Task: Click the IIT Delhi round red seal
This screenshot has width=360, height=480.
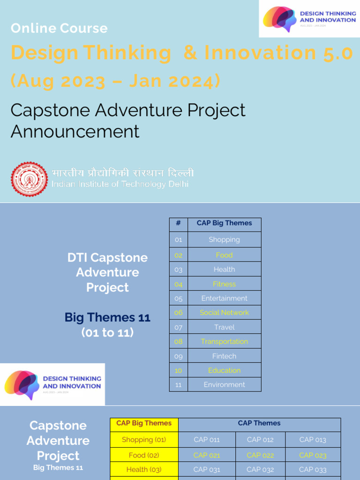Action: click(x=30, y=179)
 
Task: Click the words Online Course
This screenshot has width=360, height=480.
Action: click(x=59, y=28)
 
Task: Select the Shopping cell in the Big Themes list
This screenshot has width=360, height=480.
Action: click(x=224, y=240)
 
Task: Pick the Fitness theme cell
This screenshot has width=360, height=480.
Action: click(x=224, y=284)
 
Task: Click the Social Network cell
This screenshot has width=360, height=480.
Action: click(x=224, y=313)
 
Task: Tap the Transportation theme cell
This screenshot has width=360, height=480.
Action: click(x=224, y=342)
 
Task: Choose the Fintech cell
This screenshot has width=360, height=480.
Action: click(x=224, y=356)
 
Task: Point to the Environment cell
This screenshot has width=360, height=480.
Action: click(x=224, y=385)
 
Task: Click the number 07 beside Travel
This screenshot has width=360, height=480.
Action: click(x=178, y=327)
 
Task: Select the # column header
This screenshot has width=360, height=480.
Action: click(x=178, y=224)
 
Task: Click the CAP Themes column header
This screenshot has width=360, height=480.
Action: click(x=259, y=423)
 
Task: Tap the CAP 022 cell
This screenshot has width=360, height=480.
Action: click(x=261, y=455)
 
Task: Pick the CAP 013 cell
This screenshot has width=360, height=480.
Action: click(x=313, y=440)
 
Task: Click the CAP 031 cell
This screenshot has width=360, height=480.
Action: click(x=207, y=469)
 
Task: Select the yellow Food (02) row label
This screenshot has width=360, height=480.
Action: click(x=144, y=455)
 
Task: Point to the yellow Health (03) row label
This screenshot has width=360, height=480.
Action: click(x=144, y=469)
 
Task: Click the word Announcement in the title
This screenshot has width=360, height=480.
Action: click(x=75, y=132)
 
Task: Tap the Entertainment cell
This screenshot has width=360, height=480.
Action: click(x=224, y=298)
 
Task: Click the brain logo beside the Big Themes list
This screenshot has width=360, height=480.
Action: click(x=22, y=384)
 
